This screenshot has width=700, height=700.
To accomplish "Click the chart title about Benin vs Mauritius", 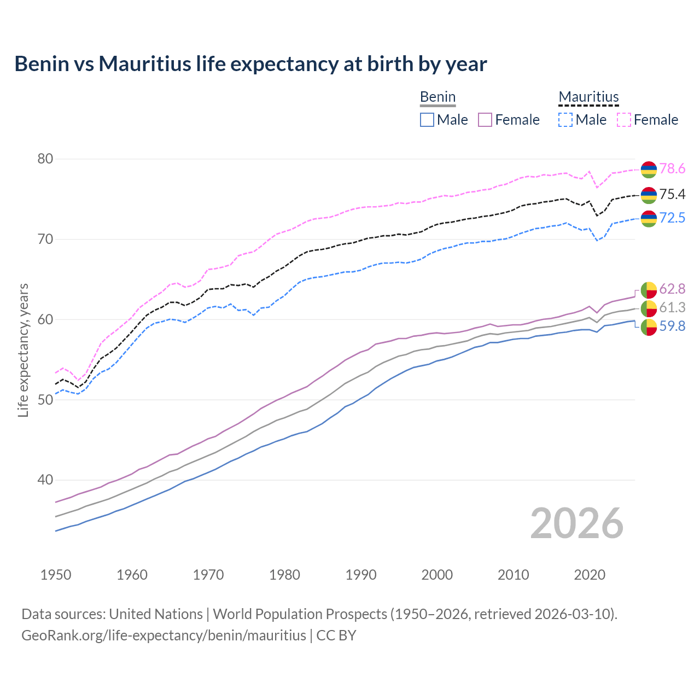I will [250, 64].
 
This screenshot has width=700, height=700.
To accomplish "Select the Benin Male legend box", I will [427, 120].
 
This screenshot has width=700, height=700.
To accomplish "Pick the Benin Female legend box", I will [485, 120].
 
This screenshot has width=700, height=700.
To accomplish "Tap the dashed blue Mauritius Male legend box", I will [565, 120].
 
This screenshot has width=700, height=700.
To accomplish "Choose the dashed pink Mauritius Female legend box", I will [624, 120].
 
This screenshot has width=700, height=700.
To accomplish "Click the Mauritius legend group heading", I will [588, 97].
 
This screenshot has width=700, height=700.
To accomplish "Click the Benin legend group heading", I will [437, 97].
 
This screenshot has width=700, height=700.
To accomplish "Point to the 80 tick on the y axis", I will [45, 159].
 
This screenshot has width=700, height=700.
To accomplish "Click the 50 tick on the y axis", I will [45, 400].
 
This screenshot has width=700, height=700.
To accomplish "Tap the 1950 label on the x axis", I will [56, 575].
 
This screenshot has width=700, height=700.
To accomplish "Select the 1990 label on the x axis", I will [361, 575].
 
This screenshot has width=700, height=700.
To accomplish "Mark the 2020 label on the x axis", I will [590, 575].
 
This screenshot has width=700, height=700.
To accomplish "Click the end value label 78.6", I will [672, 169].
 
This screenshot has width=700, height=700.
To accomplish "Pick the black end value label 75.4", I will [672, 195].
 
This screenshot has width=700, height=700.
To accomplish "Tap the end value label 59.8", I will [672, 326].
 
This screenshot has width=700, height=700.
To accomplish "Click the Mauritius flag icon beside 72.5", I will [649, 218].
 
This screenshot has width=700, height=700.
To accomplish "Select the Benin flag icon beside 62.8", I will [649, 289].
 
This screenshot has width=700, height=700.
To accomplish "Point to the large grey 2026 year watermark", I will [576, 523].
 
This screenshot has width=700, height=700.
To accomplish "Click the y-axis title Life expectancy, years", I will [24, 350].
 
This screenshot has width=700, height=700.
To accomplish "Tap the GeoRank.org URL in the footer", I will [164, 635].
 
